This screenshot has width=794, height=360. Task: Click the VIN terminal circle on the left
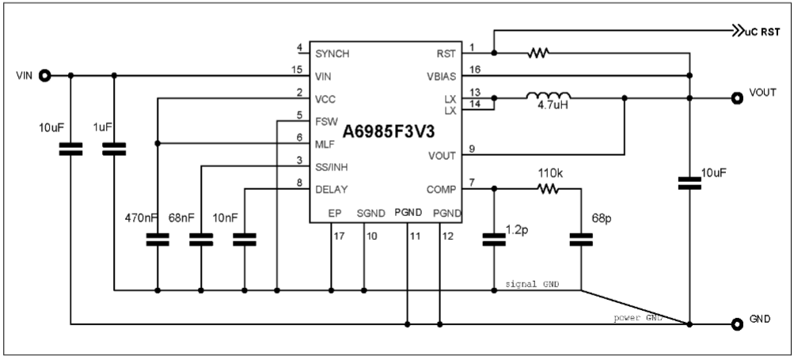coord(45,76)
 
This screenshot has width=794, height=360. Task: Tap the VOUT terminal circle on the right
coord(733,98)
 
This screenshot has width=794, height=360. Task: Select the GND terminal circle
coord(733,324)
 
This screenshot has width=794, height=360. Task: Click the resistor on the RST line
coord(538,54)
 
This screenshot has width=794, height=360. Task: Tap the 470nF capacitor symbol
coord(158,240)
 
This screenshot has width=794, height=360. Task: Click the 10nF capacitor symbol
coord(245,240)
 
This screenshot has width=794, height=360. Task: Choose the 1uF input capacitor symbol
coord(115,148)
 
